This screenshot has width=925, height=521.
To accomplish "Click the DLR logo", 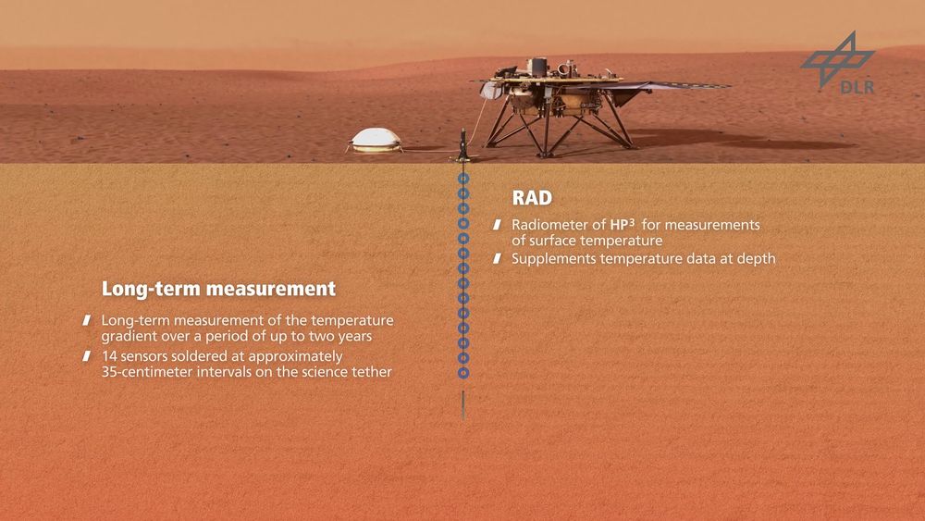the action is pyautogui.click(x=838, y=62).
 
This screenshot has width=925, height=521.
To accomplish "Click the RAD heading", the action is pyautogui.click(x=532, y=198).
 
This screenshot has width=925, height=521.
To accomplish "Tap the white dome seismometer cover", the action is pyautogui.click(x=376, y=140).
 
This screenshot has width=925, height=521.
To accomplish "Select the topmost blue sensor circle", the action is pyautogui.click(x=463, y=179).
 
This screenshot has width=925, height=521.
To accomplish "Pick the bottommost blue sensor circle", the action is pyautogui.click(x=463, y=373).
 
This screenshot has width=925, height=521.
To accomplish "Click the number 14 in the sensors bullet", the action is pyautogui.click(x=109, y=356).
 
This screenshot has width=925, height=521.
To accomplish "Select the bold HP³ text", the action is pyautogui.click(x=623, y=224).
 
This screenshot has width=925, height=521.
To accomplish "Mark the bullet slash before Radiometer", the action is pyautogui.click(x=498, y=225).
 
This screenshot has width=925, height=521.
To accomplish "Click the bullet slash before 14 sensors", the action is pyautogui.click(x=87, y=356).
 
